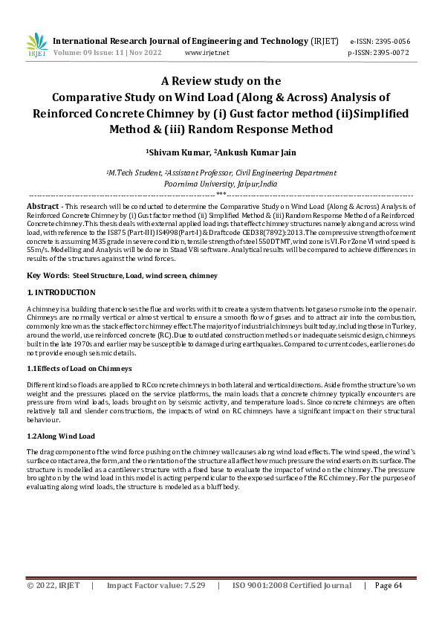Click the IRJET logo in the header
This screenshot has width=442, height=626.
36,45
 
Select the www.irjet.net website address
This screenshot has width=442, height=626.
207,53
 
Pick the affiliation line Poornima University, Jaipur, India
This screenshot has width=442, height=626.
221,183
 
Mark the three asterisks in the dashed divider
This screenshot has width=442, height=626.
221,194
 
